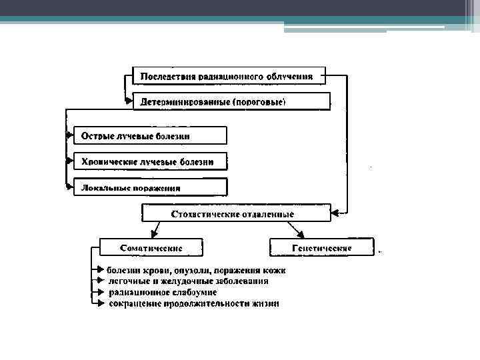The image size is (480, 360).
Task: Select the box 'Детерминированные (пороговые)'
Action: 232,101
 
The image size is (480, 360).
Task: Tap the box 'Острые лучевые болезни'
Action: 150,135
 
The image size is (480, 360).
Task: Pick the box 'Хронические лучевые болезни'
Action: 150,161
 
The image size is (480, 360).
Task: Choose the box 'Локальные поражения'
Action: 150,187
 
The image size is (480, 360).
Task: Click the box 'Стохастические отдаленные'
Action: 236,213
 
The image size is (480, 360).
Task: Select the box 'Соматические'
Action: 151,247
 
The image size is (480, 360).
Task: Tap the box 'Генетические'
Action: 322,247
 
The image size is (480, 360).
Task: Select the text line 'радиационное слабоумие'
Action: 162,292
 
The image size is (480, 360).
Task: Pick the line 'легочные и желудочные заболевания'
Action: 189,281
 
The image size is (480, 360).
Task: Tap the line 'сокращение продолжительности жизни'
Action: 194,303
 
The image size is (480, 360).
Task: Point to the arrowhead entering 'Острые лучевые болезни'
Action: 69,135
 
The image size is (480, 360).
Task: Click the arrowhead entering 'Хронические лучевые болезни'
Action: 69,161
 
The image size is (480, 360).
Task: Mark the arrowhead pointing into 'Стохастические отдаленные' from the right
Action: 335,213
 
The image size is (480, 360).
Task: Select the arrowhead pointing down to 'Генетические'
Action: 302,235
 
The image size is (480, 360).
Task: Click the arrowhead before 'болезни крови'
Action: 101,270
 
